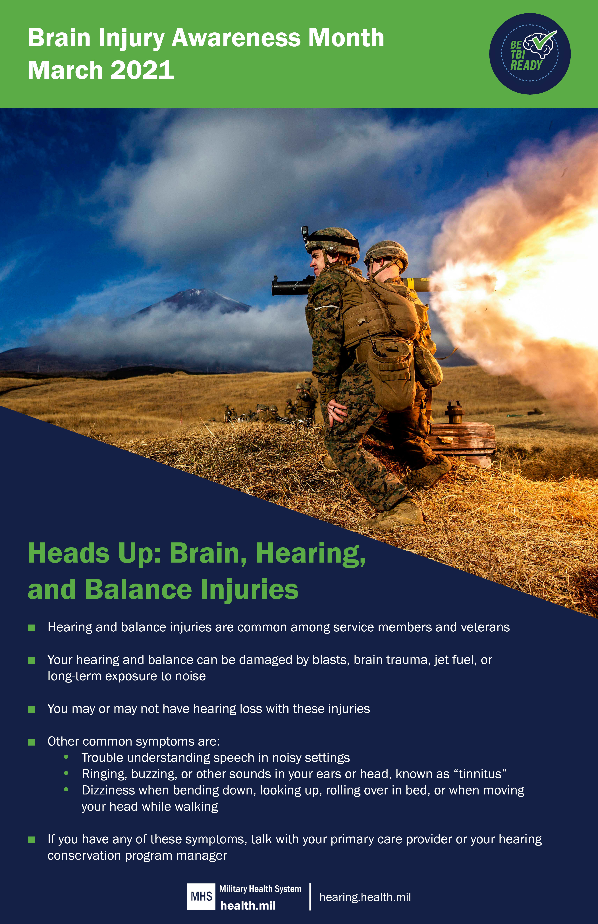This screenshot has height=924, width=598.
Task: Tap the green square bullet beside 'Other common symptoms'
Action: pos(32,742)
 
